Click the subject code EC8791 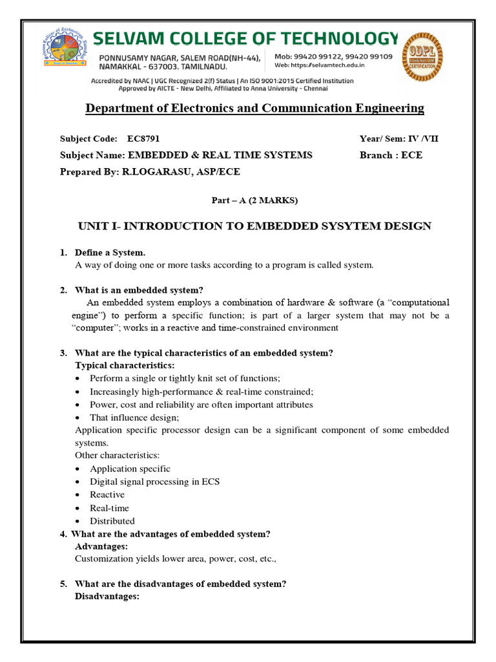tap(142, 138)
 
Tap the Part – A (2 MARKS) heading tap(255, 200)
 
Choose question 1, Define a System tap(114, 252)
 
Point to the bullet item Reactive tap(107, 495)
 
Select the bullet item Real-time tap(109, 507)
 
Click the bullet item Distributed tap(112, 520)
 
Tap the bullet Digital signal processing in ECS tap(154, 482)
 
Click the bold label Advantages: tap(101, 546)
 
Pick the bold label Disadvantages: tap(107, 596)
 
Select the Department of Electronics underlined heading tap(255, 108)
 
